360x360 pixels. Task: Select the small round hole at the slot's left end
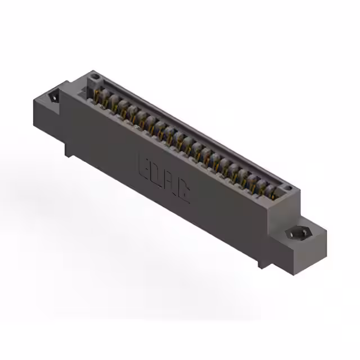point(95,75)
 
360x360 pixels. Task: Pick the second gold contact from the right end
point(263,188)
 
